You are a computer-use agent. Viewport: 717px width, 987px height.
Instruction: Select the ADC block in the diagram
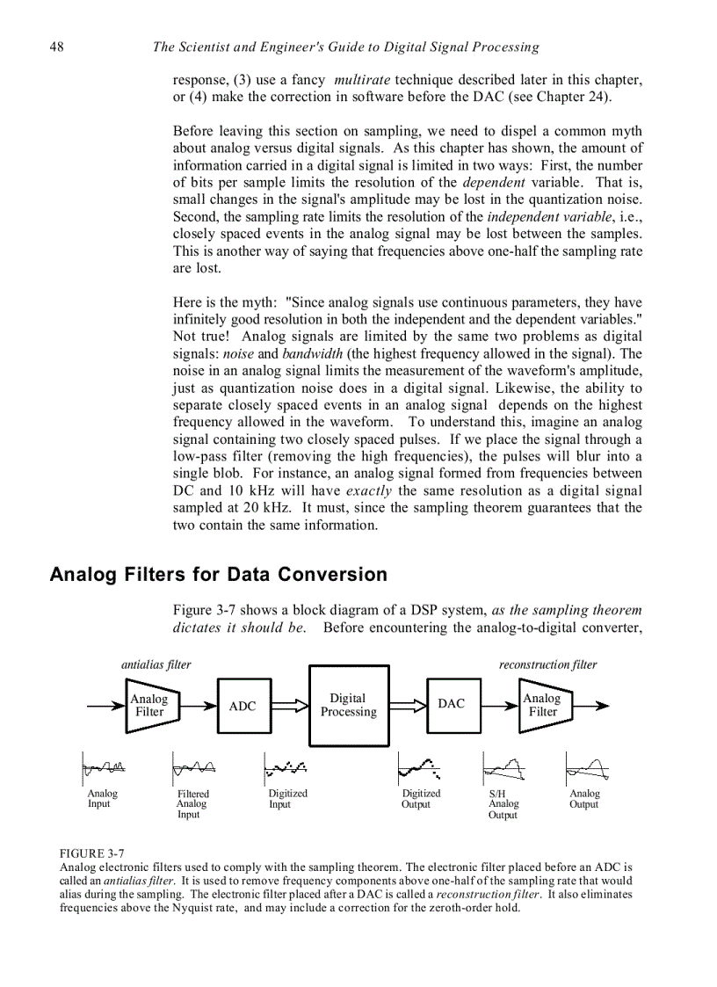pos(243,706)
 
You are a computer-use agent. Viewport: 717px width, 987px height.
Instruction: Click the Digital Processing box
pos(348,706)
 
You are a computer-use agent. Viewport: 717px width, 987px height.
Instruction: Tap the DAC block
pos(453,704)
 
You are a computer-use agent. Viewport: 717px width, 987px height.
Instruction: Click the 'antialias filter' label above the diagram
pos(156,664)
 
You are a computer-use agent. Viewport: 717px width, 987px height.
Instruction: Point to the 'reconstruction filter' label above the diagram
pos(547,664)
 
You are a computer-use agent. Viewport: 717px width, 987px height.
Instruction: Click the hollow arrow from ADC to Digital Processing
pos(289,705)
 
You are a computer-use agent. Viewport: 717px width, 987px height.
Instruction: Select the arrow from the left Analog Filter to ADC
pos(198,705)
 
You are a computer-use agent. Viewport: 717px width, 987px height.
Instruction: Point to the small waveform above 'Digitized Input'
pos(286,769)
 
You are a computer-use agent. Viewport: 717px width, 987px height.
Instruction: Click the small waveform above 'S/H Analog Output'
pos(505,769)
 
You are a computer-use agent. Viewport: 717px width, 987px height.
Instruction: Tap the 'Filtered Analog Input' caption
pos(192,804)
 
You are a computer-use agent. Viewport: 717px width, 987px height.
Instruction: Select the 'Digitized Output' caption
pos(421,799)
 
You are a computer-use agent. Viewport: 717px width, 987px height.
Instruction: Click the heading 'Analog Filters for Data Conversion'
pos(218,575)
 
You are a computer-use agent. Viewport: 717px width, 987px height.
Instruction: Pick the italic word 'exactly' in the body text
pos(370,490)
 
